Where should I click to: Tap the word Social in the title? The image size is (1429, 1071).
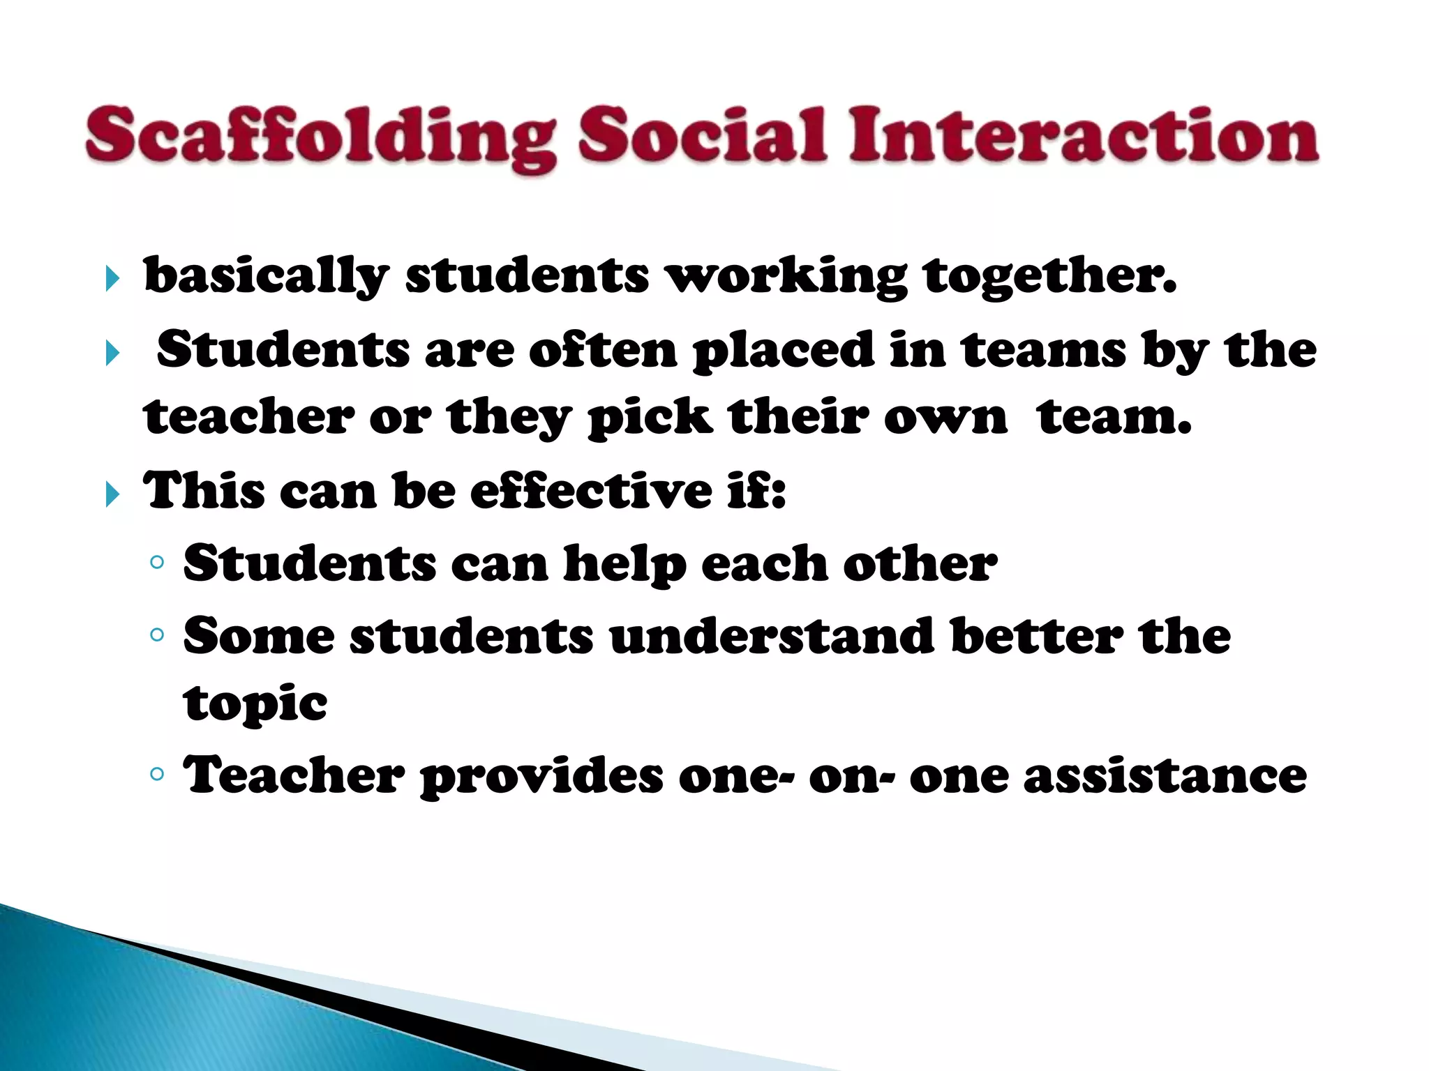coord(702,135)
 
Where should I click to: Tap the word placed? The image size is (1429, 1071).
coord(783,351)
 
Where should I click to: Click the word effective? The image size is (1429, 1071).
coord(590,491)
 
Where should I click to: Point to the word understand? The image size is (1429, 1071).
coord(772,636)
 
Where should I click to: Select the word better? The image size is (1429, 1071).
coord(1037,636)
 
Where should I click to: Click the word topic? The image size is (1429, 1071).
coord(255,704)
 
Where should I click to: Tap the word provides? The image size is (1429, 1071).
coord(541,777)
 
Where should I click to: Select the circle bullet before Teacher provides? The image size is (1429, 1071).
coord(157,773)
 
